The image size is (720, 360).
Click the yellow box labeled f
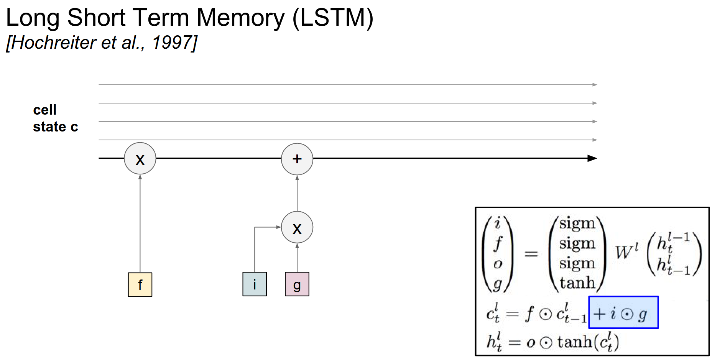140,284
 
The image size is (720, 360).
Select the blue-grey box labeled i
255,284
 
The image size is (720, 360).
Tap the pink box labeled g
297,284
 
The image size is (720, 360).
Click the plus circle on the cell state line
297,159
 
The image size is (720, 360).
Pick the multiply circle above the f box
140,159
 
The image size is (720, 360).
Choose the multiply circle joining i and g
297,228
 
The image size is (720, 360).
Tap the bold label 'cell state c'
55,118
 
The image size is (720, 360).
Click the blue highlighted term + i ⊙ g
623,312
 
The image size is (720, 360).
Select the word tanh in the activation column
577,283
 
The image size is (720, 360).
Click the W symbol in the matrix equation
624,252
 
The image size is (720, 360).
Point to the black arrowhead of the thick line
593,158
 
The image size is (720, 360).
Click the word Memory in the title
240,18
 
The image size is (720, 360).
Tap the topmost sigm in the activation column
577,223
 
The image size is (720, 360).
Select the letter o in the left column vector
498,264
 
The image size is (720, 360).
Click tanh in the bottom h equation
574,342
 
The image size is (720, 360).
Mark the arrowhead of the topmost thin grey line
595,85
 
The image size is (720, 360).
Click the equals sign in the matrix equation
531,254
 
